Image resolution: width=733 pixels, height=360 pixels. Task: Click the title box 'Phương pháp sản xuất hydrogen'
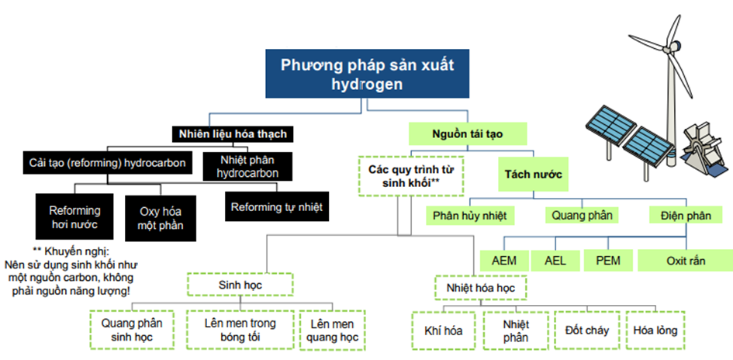coord(368,74)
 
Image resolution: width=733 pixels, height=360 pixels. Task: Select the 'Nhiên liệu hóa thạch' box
coord(233,135)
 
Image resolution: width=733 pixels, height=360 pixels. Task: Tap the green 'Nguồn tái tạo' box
coord(468,133)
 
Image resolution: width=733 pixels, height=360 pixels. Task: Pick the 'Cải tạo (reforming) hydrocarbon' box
coord(108,163)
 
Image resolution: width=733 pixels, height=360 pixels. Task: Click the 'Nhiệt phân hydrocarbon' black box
coord(247,167)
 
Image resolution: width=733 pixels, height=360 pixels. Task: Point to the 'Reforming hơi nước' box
coord(74,217)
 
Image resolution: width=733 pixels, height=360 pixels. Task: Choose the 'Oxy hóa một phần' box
coord(161,218)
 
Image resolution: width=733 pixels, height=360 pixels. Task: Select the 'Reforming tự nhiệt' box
coord(277,206)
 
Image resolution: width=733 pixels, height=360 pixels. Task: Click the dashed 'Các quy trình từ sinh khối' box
coord(410,176)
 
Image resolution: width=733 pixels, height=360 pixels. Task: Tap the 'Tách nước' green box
coord(533,175)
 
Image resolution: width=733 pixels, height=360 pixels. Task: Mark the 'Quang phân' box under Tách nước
coord(582,216)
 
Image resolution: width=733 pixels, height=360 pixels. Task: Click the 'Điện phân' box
coord(686,216)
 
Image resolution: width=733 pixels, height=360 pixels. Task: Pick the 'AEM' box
coord(504,261)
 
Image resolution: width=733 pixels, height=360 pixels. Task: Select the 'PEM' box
coord(608,261)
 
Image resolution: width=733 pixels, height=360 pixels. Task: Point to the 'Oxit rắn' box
coord(686,261)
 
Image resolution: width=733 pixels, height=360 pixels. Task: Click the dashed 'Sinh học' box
coord(240,284)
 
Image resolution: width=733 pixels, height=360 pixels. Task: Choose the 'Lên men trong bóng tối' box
coord(240,330)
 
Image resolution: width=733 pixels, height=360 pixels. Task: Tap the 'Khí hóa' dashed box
coord(443,331)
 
